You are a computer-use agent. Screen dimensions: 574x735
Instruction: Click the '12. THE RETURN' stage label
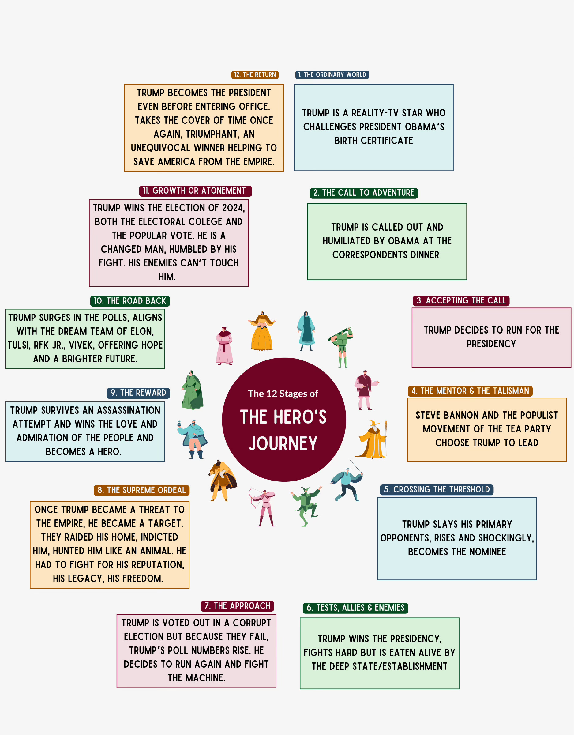pyautogui.click(x=255, y=75)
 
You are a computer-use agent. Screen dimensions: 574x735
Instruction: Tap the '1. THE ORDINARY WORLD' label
pyautogui.click(x=332, y=75)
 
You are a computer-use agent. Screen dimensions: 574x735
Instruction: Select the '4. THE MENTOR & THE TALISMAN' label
pyautogui.click(x=470, y=391)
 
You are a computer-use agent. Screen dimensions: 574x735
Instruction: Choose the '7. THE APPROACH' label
pyautogui.click(x=237, y=606)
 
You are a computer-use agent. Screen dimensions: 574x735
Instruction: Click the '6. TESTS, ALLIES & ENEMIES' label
pyautogui.click(x=355, y=608)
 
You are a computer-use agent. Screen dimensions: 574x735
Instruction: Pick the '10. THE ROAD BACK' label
pyautogui.click(x=130, y=301)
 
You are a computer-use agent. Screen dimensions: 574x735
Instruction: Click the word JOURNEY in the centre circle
pyautogui.click(x=283, y=443)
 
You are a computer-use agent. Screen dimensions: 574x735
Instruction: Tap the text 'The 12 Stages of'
pyautogui.click(x=283, y=394)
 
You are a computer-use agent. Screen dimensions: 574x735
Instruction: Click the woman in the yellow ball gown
pyautogui.click(x=262, y=331)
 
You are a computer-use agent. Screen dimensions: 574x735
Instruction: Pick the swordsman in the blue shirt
pyautogui.click(x=346, y=483)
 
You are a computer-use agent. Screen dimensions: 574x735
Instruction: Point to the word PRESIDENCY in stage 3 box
pyautogui.click(x=491, y=344)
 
